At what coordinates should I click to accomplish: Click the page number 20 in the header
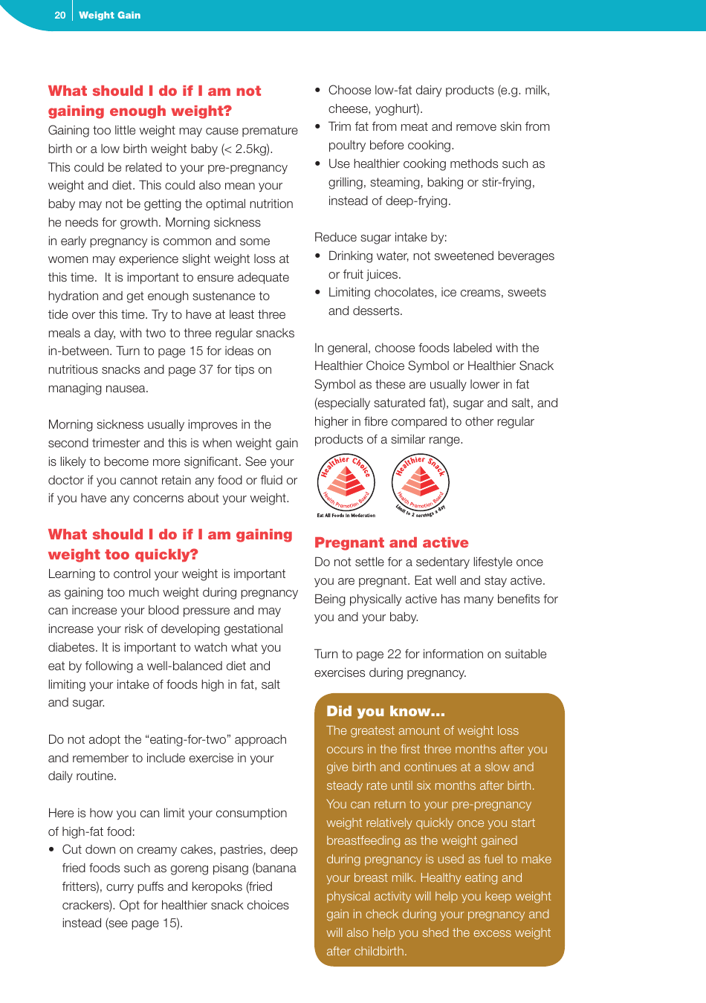(x=60, y=15)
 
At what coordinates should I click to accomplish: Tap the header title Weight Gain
(x=109, y=15)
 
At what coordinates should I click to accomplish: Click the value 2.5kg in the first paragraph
(x=252, y=149)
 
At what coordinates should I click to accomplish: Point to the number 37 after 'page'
(x=206, y=369)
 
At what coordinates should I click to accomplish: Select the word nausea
(x=126, y=388)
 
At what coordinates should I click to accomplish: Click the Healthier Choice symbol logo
(x=346, y=485)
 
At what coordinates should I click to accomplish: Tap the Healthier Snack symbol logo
(x=421, y=485)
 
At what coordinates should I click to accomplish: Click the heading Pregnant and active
(x=391, y=542)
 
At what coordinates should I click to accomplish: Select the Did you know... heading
(x=385, y=711)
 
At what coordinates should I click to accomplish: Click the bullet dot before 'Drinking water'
(x=318, y=256)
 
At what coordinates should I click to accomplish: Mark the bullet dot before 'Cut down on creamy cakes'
(x=52, y=850)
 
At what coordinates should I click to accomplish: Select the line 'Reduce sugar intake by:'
(x=380, y=237)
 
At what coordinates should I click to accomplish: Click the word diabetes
(x=72, y=647)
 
